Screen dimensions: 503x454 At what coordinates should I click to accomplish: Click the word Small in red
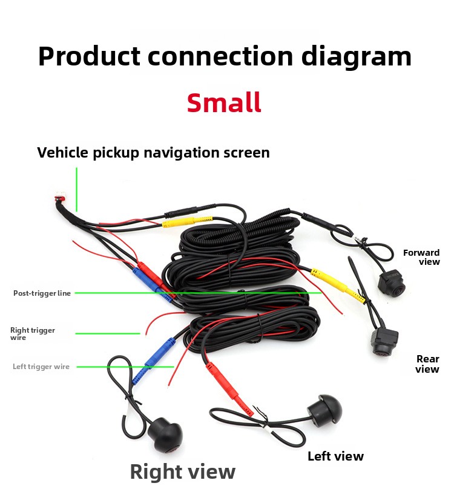[x=224, y=102]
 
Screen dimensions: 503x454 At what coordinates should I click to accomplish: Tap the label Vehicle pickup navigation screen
[x=153, y=152]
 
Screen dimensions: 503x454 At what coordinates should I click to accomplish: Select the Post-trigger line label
[x=42, y=293]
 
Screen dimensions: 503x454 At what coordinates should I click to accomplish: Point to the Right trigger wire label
[x=32, y=334]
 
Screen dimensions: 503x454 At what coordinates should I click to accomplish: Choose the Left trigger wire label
[x=41, y=367]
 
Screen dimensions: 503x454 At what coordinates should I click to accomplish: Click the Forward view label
[x=422, y=257]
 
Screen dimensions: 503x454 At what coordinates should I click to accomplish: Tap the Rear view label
[x=427, y=364]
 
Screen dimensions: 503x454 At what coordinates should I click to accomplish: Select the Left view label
[x=335, y=456]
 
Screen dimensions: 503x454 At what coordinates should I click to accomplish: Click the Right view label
[x=182, y=471]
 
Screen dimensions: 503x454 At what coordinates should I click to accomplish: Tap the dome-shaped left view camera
[x=323, y=410]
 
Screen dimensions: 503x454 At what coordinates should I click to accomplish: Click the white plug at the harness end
[x=60, y=199]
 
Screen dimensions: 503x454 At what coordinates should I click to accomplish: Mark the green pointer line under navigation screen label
[x=77, y=189]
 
